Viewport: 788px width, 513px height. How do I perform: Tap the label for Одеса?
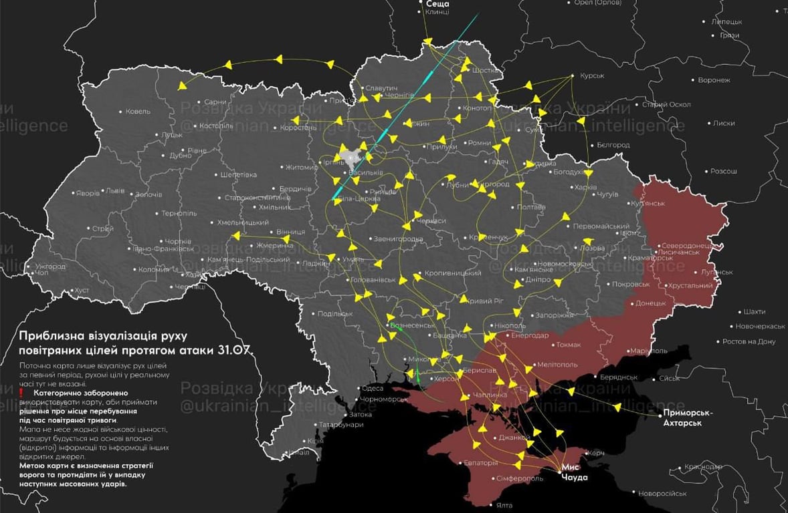tap(372, 389)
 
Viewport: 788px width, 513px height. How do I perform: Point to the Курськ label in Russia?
tap(592, 76)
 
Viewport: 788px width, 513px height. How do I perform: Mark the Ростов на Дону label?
tap(749, 341)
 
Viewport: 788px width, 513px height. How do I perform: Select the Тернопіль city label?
tap(179, 213)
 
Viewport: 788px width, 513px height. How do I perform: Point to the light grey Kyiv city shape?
tap(350, 158)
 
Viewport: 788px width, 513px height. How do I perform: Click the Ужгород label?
tap(50, 266)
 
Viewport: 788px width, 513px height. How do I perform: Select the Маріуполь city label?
tap(649, 350)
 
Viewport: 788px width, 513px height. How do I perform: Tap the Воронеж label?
tap(714, 80)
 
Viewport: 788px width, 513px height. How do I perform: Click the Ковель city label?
tap(138, 111)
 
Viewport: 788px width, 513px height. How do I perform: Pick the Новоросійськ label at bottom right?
tap(662, 494)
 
